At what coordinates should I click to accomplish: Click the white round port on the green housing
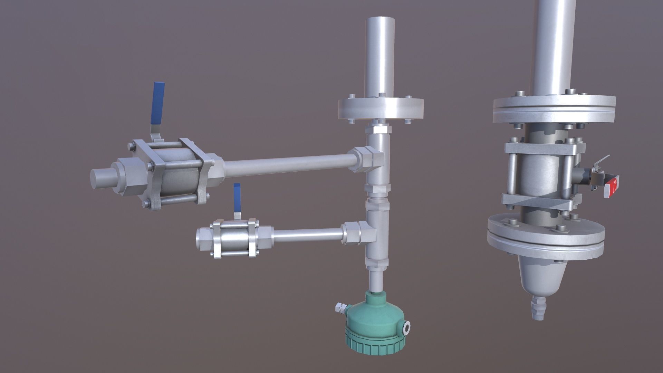pyautogui.click(x=406, y=327)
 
